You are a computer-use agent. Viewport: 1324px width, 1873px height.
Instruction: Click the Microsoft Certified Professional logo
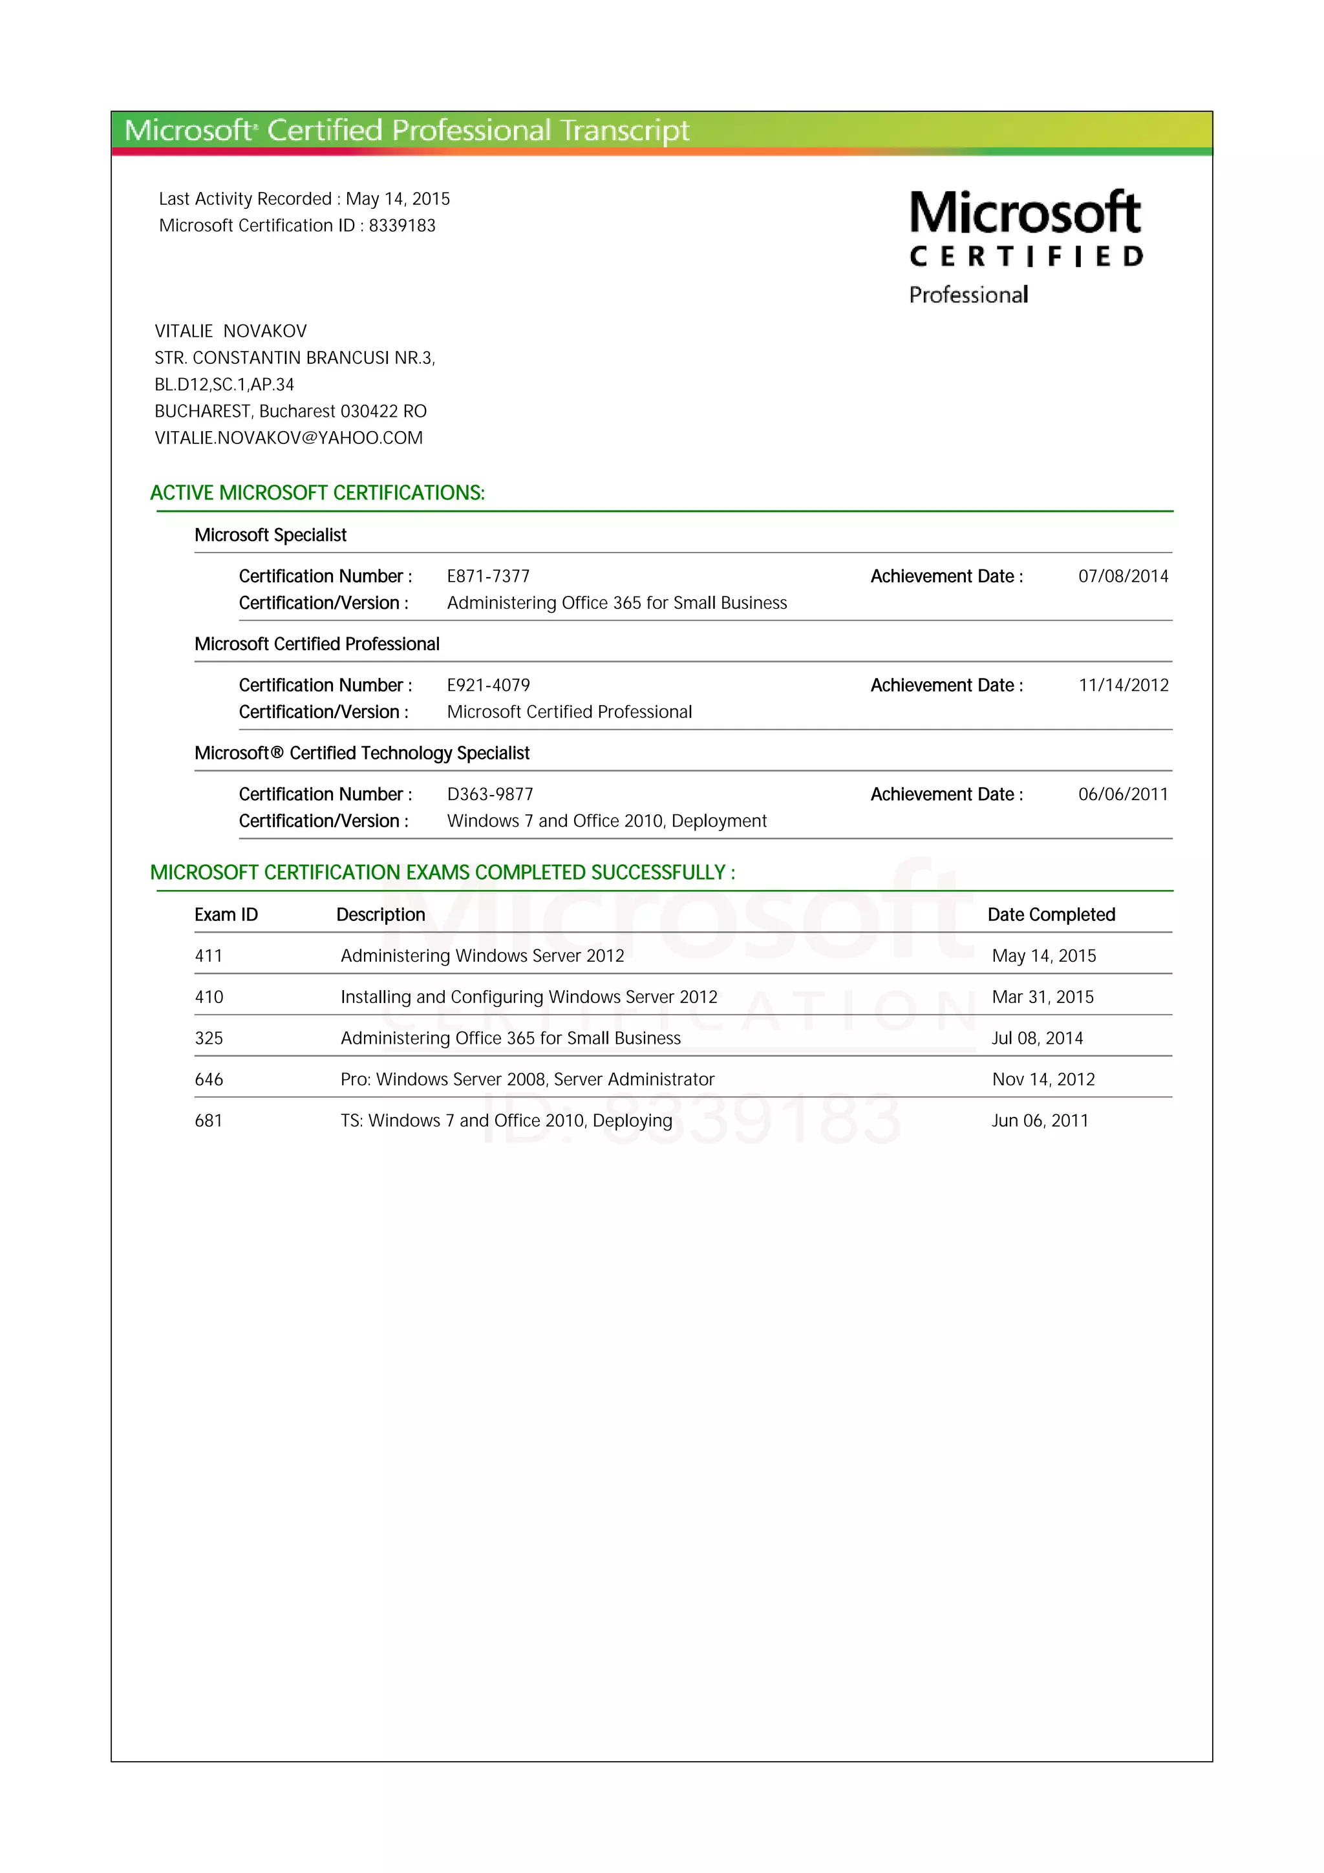tap(1025, 246)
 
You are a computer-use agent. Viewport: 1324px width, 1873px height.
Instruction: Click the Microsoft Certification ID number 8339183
tap(401, 226)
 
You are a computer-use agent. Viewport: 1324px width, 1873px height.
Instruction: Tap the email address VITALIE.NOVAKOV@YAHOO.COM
tap(289, 438)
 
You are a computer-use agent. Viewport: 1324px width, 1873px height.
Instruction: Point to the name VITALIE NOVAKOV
tap(231, 331)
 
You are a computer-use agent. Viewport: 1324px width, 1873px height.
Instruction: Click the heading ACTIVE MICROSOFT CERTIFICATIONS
tap(317, 492)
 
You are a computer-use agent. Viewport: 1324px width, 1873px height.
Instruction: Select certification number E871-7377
tap(488, 577)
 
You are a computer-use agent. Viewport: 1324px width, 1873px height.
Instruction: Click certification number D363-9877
tap(489, 794)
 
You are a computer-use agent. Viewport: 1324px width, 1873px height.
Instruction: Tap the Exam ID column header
tap(226, 915)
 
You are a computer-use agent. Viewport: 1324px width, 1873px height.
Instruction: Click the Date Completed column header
tap(1051, 915)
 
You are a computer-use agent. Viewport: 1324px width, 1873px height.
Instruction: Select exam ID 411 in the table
tap(209, 956)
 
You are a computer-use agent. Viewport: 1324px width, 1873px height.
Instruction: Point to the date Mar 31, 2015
tap(1043, 997)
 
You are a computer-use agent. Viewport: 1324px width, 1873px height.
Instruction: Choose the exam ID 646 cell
tap(209, 1079)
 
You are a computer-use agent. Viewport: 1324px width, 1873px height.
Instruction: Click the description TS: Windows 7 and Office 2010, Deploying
tap(506, 1121)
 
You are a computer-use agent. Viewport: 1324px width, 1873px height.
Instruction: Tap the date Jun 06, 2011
tap(1040, 1121)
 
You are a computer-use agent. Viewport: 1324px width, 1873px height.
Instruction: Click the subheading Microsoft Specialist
tap(270, 535)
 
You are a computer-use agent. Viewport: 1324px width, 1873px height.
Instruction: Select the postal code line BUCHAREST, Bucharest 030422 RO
tap(290, 411)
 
